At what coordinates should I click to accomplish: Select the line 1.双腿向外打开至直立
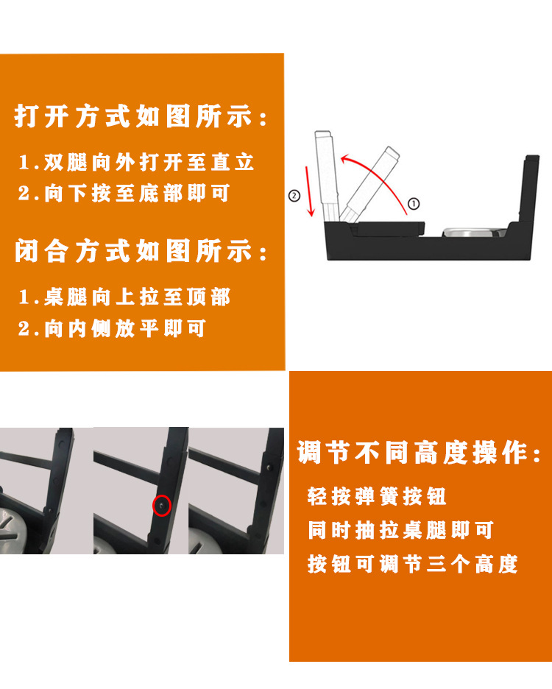(x=136, y=162)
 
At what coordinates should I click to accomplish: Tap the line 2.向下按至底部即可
(x=124, y=193)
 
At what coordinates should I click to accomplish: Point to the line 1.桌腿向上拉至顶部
(x=124, y=297)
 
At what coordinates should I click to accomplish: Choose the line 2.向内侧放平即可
(x=112, y=328)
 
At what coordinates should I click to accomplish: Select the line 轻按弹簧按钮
(x=377, y=497)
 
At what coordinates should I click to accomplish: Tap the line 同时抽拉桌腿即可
(x=400, y=531)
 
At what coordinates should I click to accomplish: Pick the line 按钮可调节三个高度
(x=413, y=564)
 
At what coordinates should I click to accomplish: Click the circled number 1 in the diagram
(x=414, y=204)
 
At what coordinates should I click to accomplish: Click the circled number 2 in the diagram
(x=294, y=196)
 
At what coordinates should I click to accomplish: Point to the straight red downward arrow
(x=310, y=191)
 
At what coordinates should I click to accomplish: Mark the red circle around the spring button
(x=162, y=505)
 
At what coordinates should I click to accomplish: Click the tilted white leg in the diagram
(x=370, y=185)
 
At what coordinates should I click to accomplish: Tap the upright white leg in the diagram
(x=328, y=176)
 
